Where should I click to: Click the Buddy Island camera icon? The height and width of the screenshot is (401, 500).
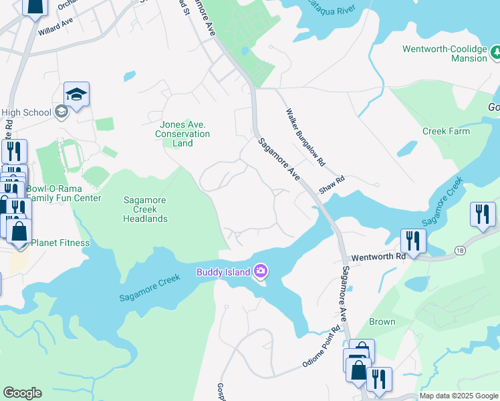[261, 271]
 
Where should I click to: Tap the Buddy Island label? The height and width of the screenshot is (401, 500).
[223, 271]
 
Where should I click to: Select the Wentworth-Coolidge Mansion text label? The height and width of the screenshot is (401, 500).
[445, 53]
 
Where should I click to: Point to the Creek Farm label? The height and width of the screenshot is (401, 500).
[446, 131]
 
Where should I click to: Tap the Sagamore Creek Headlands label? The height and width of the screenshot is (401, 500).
[145, 209]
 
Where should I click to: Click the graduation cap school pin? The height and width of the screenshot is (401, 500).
[77, 95]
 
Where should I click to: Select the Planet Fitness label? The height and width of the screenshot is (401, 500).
[60, 243]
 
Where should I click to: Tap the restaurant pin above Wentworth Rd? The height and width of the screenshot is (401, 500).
[413, 241]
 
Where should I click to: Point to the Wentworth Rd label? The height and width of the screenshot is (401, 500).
[378, 256]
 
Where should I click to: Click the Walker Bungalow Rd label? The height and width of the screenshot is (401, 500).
[305, 138]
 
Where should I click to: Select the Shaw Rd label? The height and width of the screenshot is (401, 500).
[332, 184]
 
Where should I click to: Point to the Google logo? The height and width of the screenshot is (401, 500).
[22, 393]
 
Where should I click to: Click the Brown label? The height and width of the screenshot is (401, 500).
[382, 321]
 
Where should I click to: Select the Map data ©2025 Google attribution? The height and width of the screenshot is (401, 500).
[459, 396]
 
